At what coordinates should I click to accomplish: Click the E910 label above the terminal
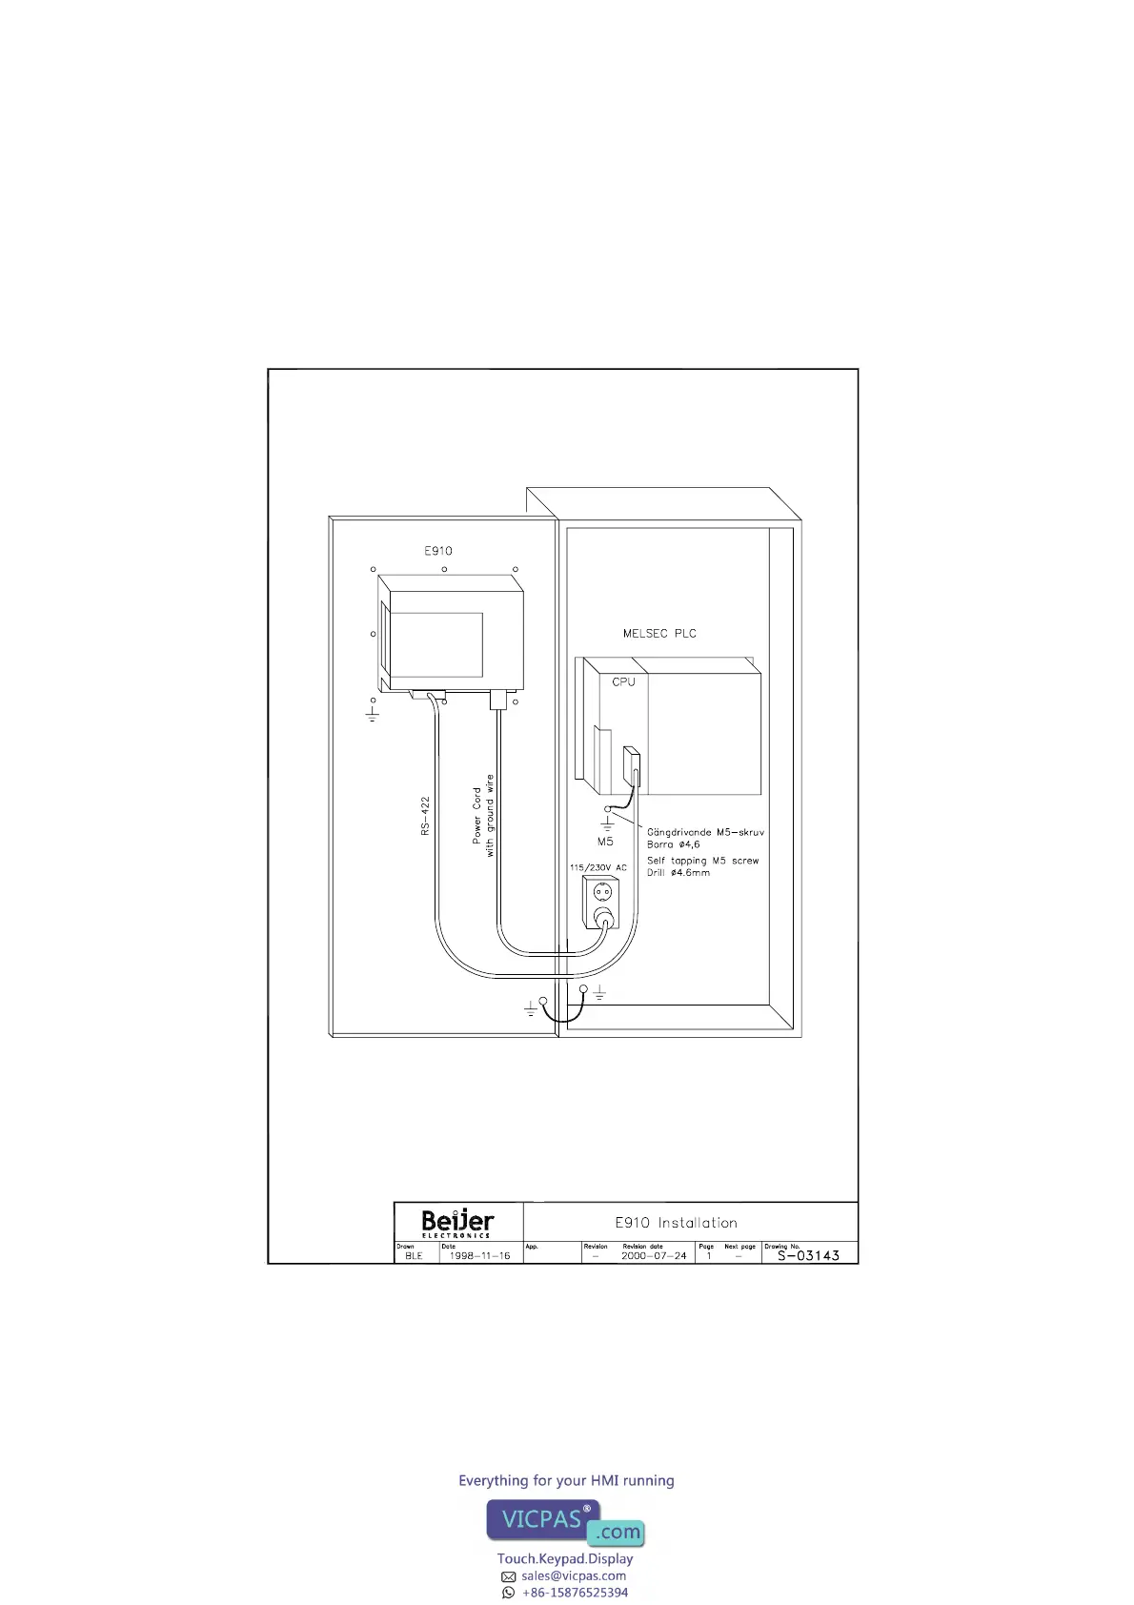pos(438,551)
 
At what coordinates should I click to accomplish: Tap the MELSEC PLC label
pos(659,634)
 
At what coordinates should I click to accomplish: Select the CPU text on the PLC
pos(623,681)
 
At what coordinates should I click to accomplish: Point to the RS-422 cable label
pos(426,816)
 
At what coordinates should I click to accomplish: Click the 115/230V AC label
pos(597,867)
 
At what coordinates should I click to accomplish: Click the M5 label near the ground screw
pos(605,842)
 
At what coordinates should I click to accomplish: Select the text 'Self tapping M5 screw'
pos(702,861)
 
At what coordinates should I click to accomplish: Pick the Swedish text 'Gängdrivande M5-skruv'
pos(705,832)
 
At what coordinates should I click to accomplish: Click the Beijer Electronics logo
pos(457,1222)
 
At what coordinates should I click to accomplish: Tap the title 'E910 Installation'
pos(676,1223)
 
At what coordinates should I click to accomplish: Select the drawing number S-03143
pos(808,1256)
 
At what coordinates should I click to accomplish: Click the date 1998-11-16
pos(479,1256)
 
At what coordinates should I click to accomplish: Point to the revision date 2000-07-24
pos(654,1256)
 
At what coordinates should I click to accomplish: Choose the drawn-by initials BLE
pos(414,1256)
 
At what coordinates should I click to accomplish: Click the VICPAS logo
pos(566,1522)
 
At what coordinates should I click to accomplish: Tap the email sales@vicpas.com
pos(574,1575)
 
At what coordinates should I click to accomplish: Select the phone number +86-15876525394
pos(575,1592)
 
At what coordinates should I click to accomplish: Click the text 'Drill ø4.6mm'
pos(678,873)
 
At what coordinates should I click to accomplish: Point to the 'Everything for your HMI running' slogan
pos(566,1480)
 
